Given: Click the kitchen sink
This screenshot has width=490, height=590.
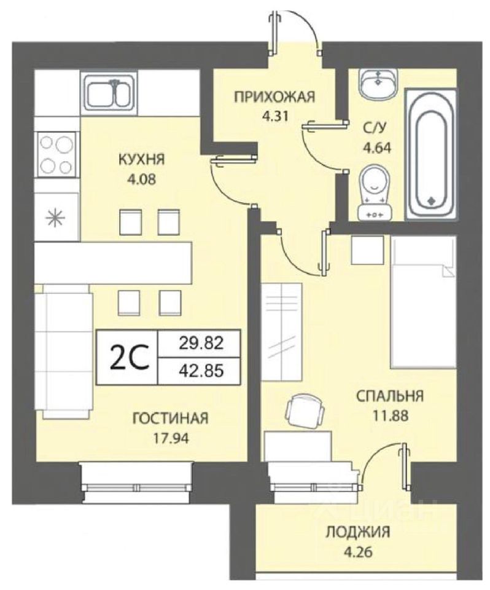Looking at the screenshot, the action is pos(109,92).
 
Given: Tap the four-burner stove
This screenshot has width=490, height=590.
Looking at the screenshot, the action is pos(56,155).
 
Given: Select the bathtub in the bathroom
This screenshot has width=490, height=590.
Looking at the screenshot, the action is pos(431,154).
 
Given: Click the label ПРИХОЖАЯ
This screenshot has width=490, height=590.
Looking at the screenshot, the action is pos(274,97).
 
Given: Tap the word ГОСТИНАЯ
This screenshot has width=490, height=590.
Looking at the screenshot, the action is pos(170,418).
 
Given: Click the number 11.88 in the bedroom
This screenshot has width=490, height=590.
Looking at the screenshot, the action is pos(391,415).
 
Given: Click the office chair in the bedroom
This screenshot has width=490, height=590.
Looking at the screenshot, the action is pos(305,411).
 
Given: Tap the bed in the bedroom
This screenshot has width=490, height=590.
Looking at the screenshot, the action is pos(424,301).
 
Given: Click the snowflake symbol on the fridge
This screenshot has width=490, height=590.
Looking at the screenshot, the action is pos(55,218).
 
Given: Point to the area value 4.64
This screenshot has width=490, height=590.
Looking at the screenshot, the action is pos(377,147).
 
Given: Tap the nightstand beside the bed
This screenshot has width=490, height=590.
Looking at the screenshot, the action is pos(367,250).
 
